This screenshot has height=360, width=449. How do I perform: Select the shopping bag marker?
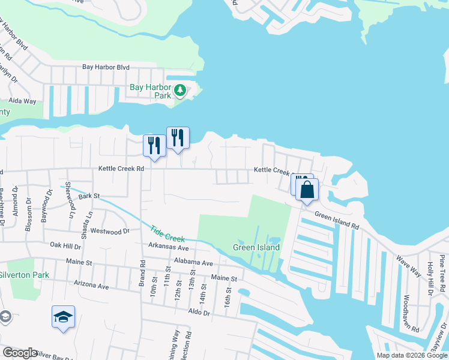[307, 190]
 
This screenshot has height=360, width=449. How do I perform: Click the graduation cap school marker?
[63, 317]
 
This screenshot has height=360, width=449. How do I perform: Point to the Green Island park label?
[256, 247]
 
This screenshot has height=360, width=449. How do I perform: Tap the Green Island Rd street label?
[336, 221]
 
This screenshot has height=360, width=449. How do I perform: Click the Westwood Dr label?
[110, 231]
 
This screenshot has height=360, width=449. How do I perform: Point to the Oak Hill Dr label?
[65, 245]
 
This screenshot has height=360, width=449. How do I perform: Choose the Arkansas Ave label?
[169, 248]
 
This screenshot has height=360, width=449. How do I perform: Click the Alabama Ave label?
[193, 263]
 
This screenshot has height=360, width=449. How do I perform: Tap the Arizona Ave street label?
[91, 285]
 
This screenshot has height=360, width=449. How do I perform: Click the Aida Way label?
[22, 102]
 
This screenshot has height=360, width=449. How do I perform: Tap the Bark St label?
[88, 196]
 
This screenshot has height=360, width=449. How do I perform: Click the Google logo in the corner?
[20, 353]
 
